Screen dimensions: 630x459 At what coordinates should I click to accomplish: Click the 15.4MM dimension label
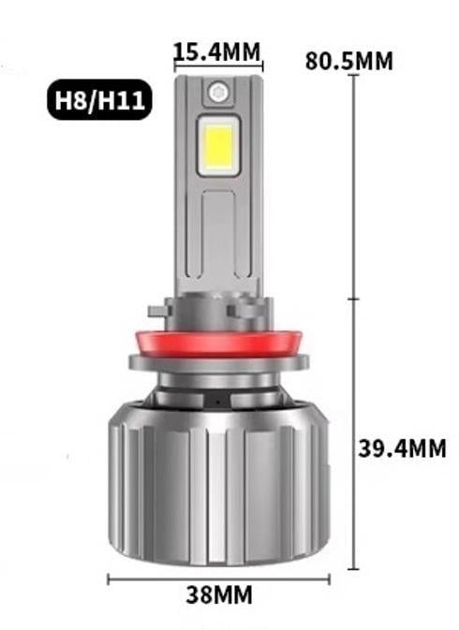tap(217, 51)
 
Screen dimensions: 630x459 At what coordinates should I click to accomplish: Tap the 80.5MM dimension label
tap(349, 62)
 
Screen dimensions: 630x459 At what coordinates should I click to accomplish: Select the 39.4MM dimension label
tap(402, 448)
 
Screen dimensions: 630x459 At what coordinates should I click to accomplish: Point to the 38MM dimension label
tap(218, 594)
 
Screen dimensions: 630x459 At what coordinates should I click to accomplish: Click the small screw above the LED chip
tap(218, 92)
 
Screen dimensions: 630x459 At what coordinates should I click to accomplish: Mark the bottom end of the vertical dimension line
tap(353, 568)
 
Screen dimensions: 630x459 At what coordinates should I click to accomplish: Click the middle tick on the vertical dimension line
tap(353, 300)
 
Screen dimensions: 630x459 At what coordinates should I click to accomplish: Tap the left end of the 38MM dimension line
tap(109, 579)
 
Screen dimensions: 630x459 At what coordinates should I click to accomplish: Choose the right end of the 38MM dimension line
tap(329, 579)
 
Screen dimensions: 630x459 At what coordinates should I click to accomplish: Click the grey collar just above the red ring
tap(218, 311)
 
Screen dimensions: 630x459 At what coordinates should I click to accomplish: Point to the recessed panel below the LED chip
tap(218, 234)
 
